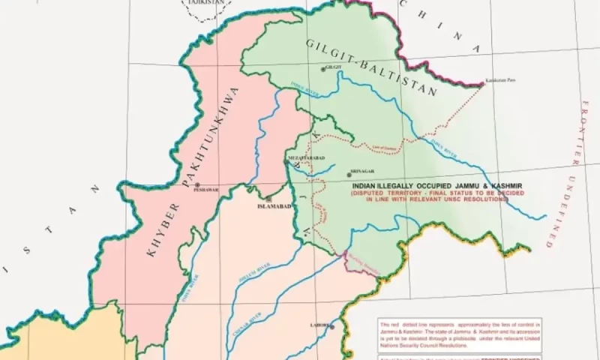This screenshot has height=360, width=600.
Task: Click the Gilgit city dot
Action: click(x=323, y=70)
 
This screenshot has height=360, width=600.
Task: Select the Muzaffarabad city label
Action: click(x=304, y=158)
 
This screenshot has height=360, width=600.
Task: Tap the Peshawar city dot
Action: click(x=196, y=184)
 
